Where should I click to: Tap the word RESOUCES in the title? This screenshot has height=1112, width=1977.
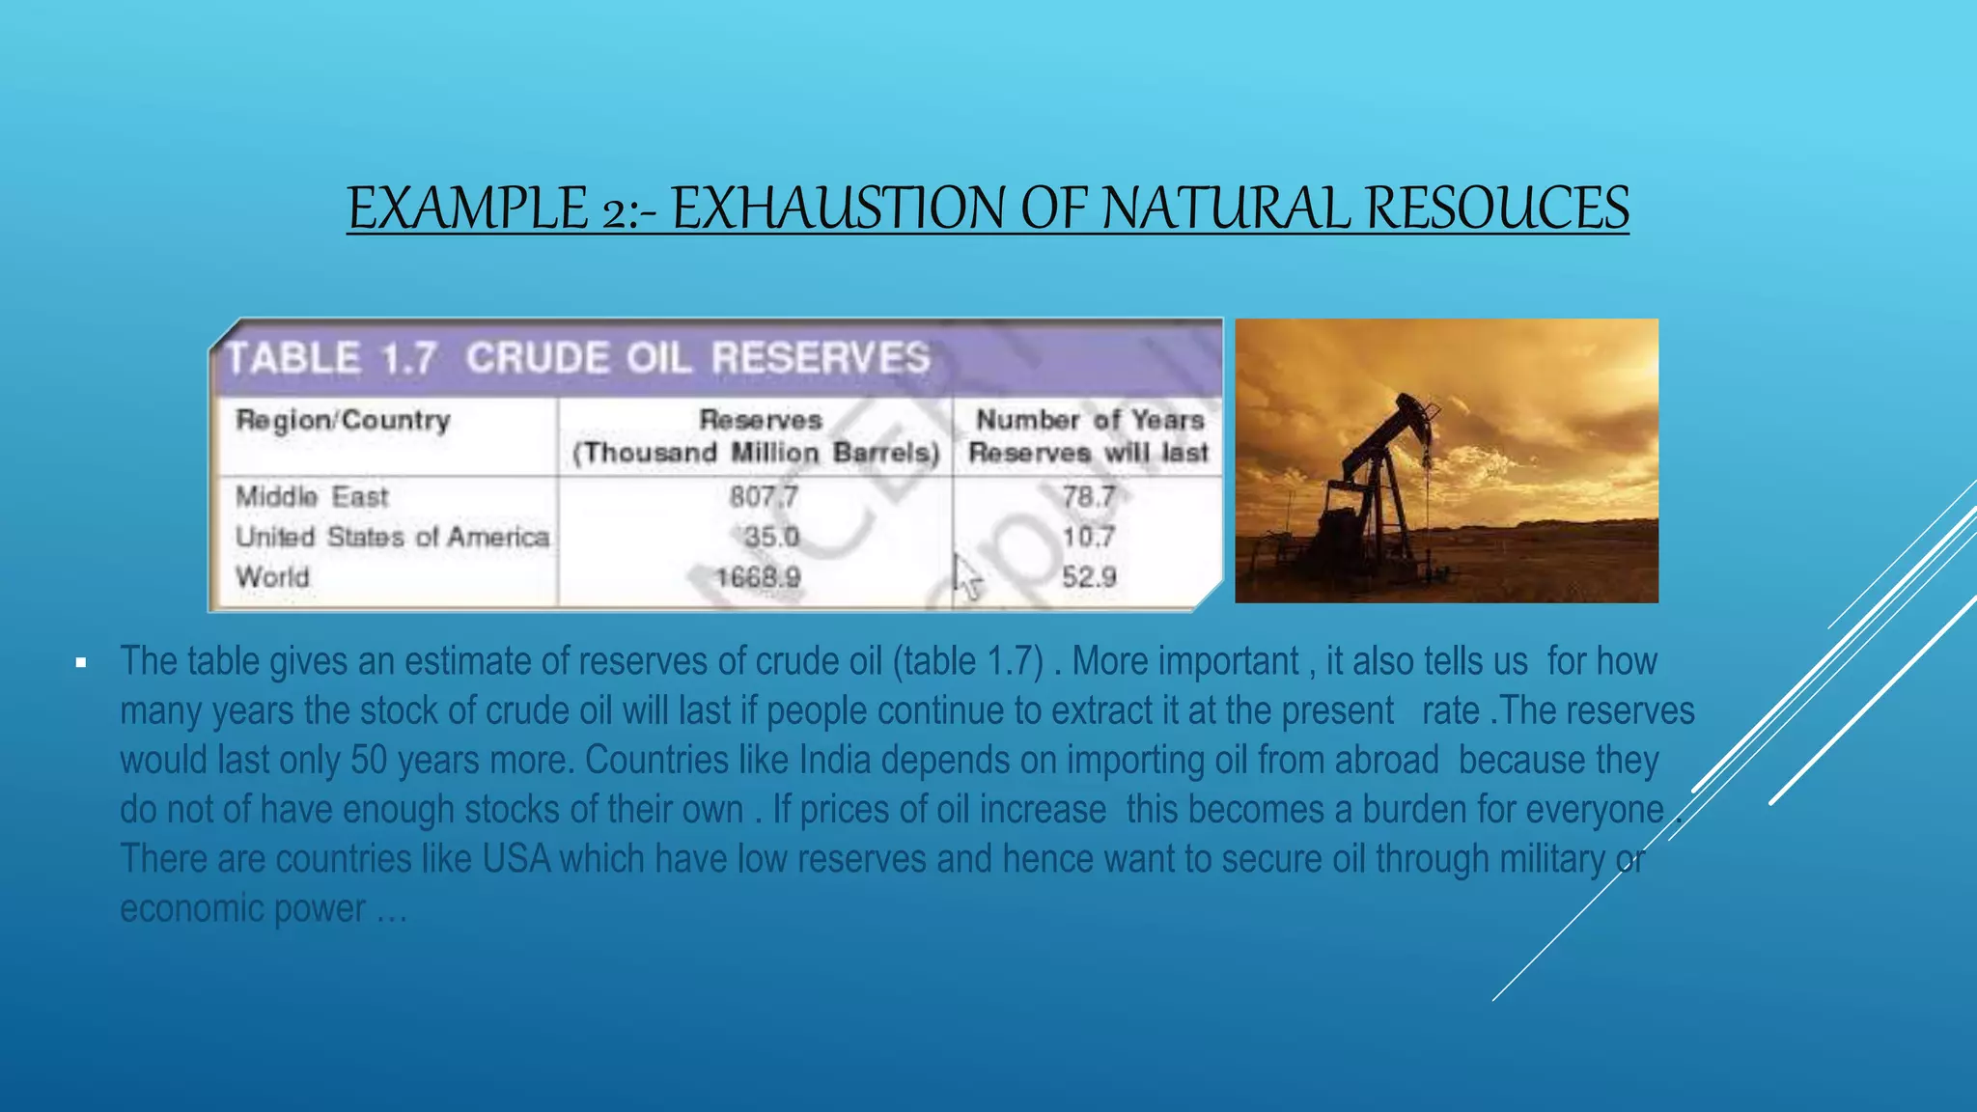pyautogui.click(x=1497, y=208)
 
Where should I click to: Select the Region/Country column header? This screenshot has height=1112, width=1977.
pyautogui.click(x=343, y=421)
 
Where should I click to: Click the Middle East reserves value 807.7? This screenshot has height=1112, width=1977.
pyautogui.click(x=764, y=497)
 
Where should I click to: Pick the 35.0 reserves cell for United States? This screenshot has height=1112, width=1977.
pyautogui.click(x=771, y=537)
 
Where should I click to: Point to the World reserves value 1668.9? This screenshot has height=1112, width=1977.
pyautogui.click(x=758, y=577)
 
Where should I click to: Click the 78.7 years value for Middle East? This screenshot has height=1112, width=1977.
pyautogui.click(x=1089, y=497)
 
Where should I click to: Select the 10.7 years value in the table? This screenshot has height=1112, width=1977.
pyautogui.click(x=1089, y=537)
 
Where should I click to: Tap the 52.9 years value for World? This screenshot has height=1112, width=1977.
pyautogui.click(x=1089, y=577)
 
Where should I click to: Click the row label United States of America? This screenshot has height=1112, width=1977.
pyautogui.click(x=392, y=537)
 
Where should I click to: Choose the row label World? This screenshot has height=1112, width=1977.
pyautogui.click(x=273, y=577)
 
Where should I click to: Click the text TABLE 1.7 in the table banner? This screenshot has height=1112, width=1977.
pyautogui.click(x=330, y=359)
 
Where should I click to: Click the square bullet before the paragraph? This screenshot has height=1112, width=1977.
pyautogui.click(x=81, y=663)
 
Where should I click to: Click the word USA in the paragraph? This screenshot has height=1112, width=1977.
pyautogui.click(x=516, y=859)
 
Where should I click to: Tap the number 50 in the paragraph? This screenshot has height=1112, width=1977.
pyautogui.click(x=369, y=761)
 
